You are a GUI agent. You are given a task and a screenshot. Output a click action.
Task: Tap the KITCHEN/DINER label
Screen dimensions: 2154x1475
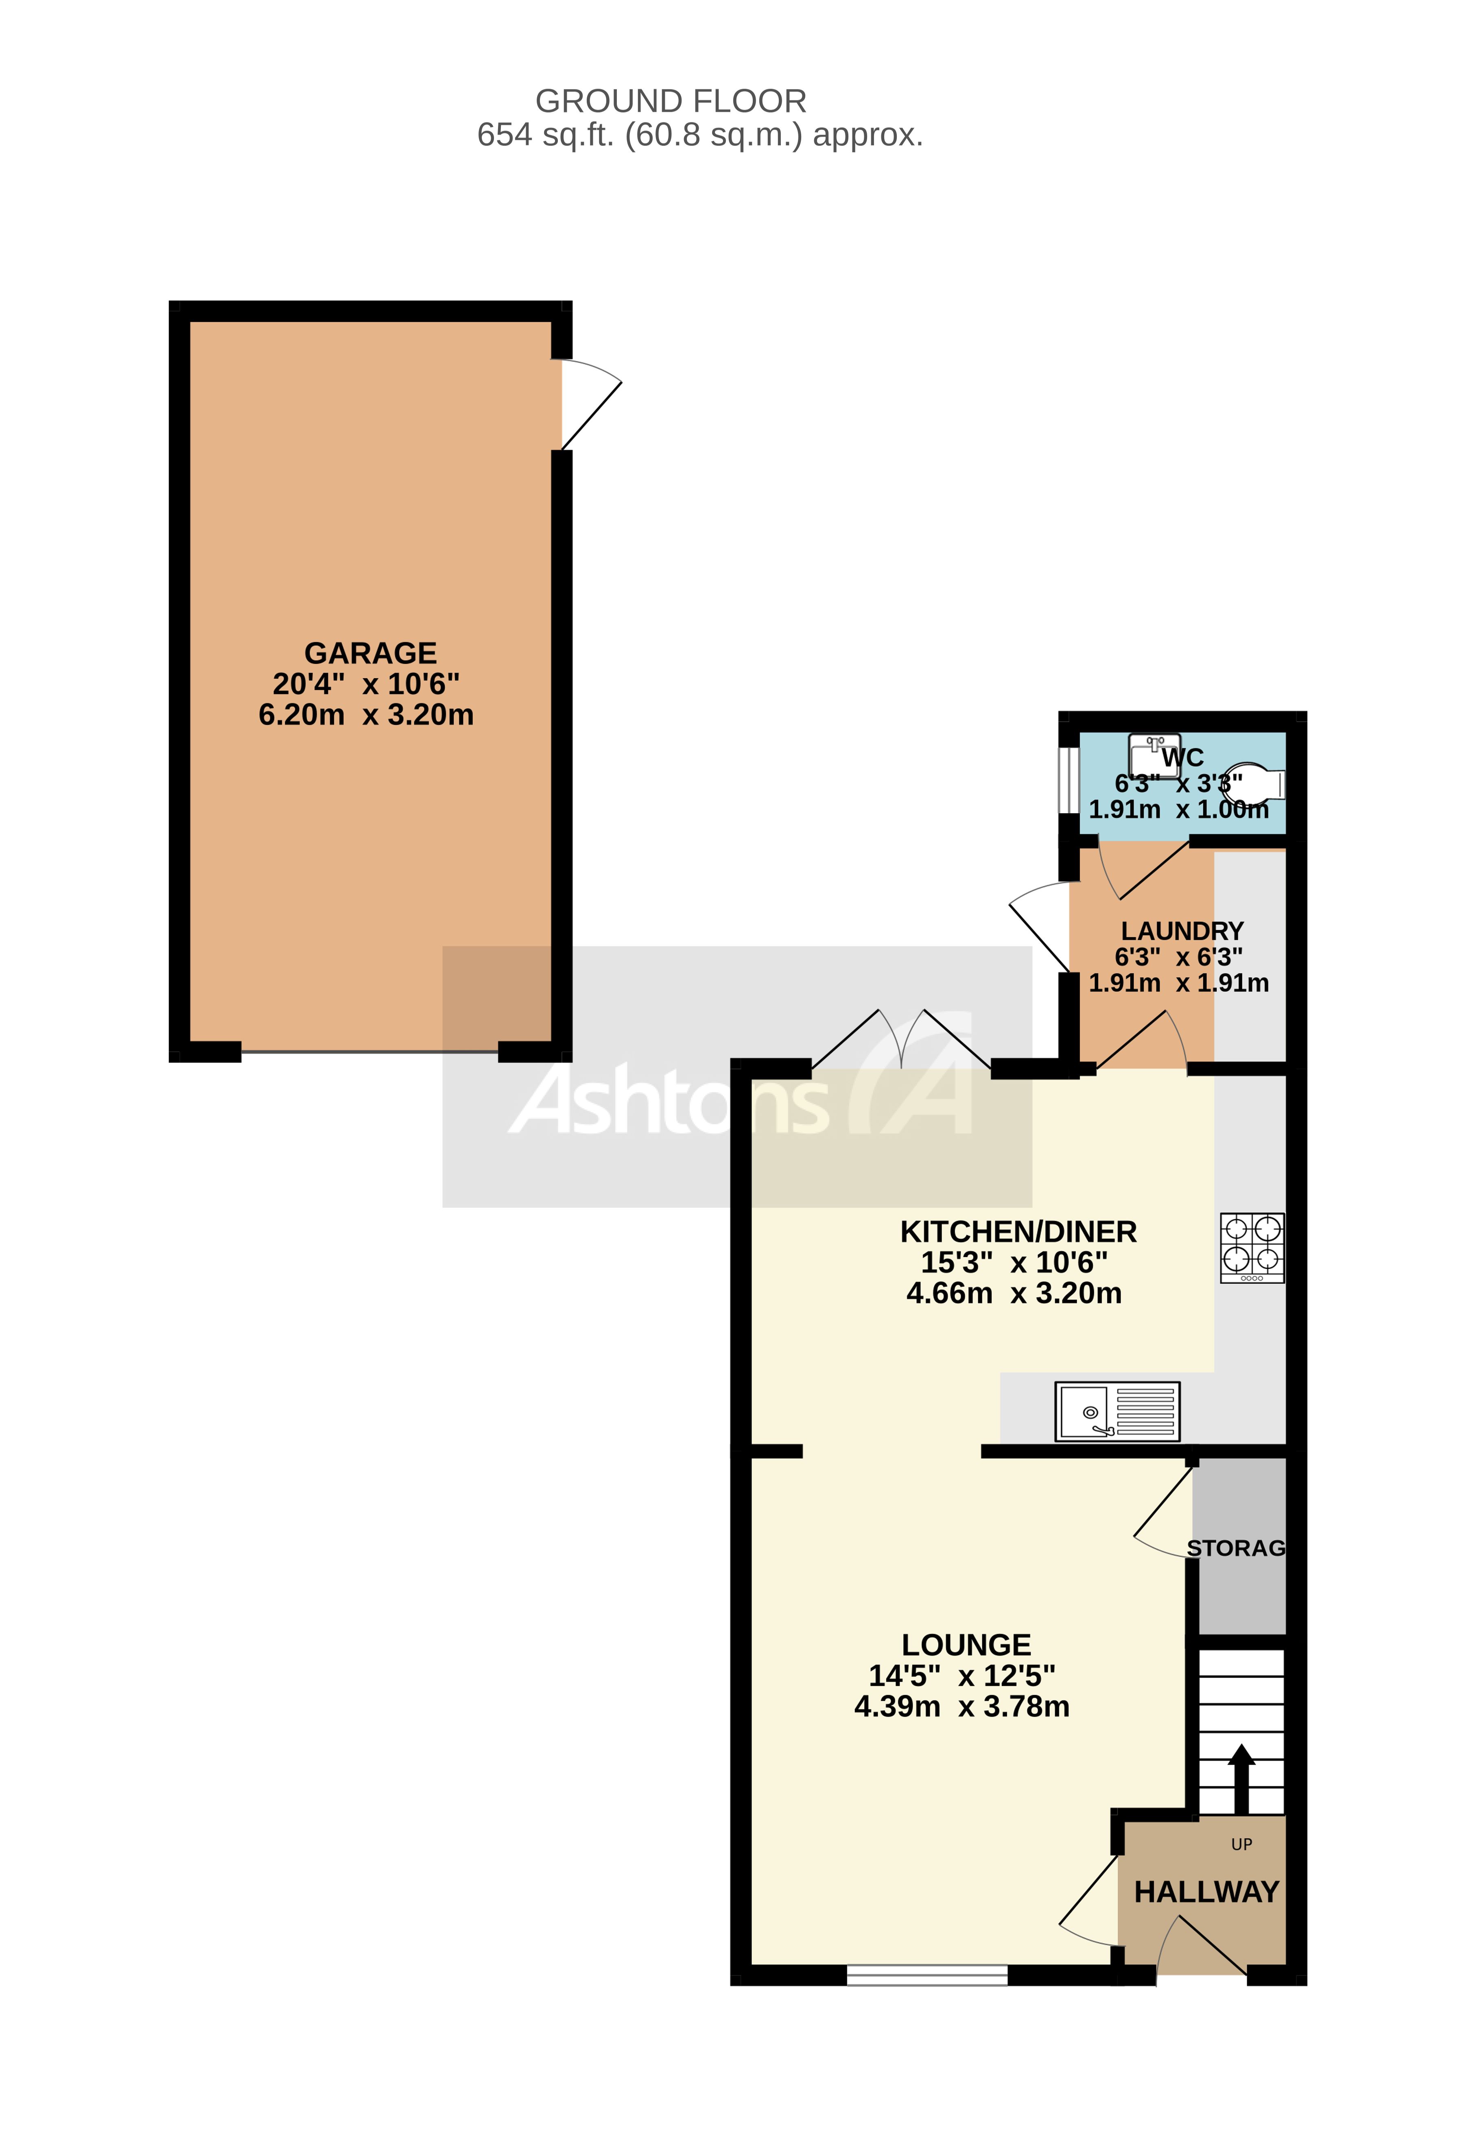pos(1018,1232)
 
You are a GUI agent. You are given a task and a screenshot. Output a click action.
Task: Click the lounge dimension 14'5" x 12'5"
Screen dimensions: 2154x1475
pos(961,1676)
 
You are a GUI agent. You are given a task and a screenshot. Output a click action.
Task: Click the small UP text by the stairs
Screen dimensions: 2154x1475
pos(1241,1844)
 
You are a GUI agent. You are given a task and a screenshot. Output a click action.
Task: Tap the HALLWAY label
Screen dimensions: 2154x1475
pos(1206,1892)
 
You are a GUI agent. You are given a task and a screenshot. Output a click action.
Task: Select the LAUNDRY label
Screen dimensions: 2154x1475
pos(1182,931)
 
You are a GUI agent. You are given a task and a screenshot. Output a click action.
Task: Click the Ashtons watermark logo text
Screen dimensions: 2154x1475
pos(667,1102)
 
